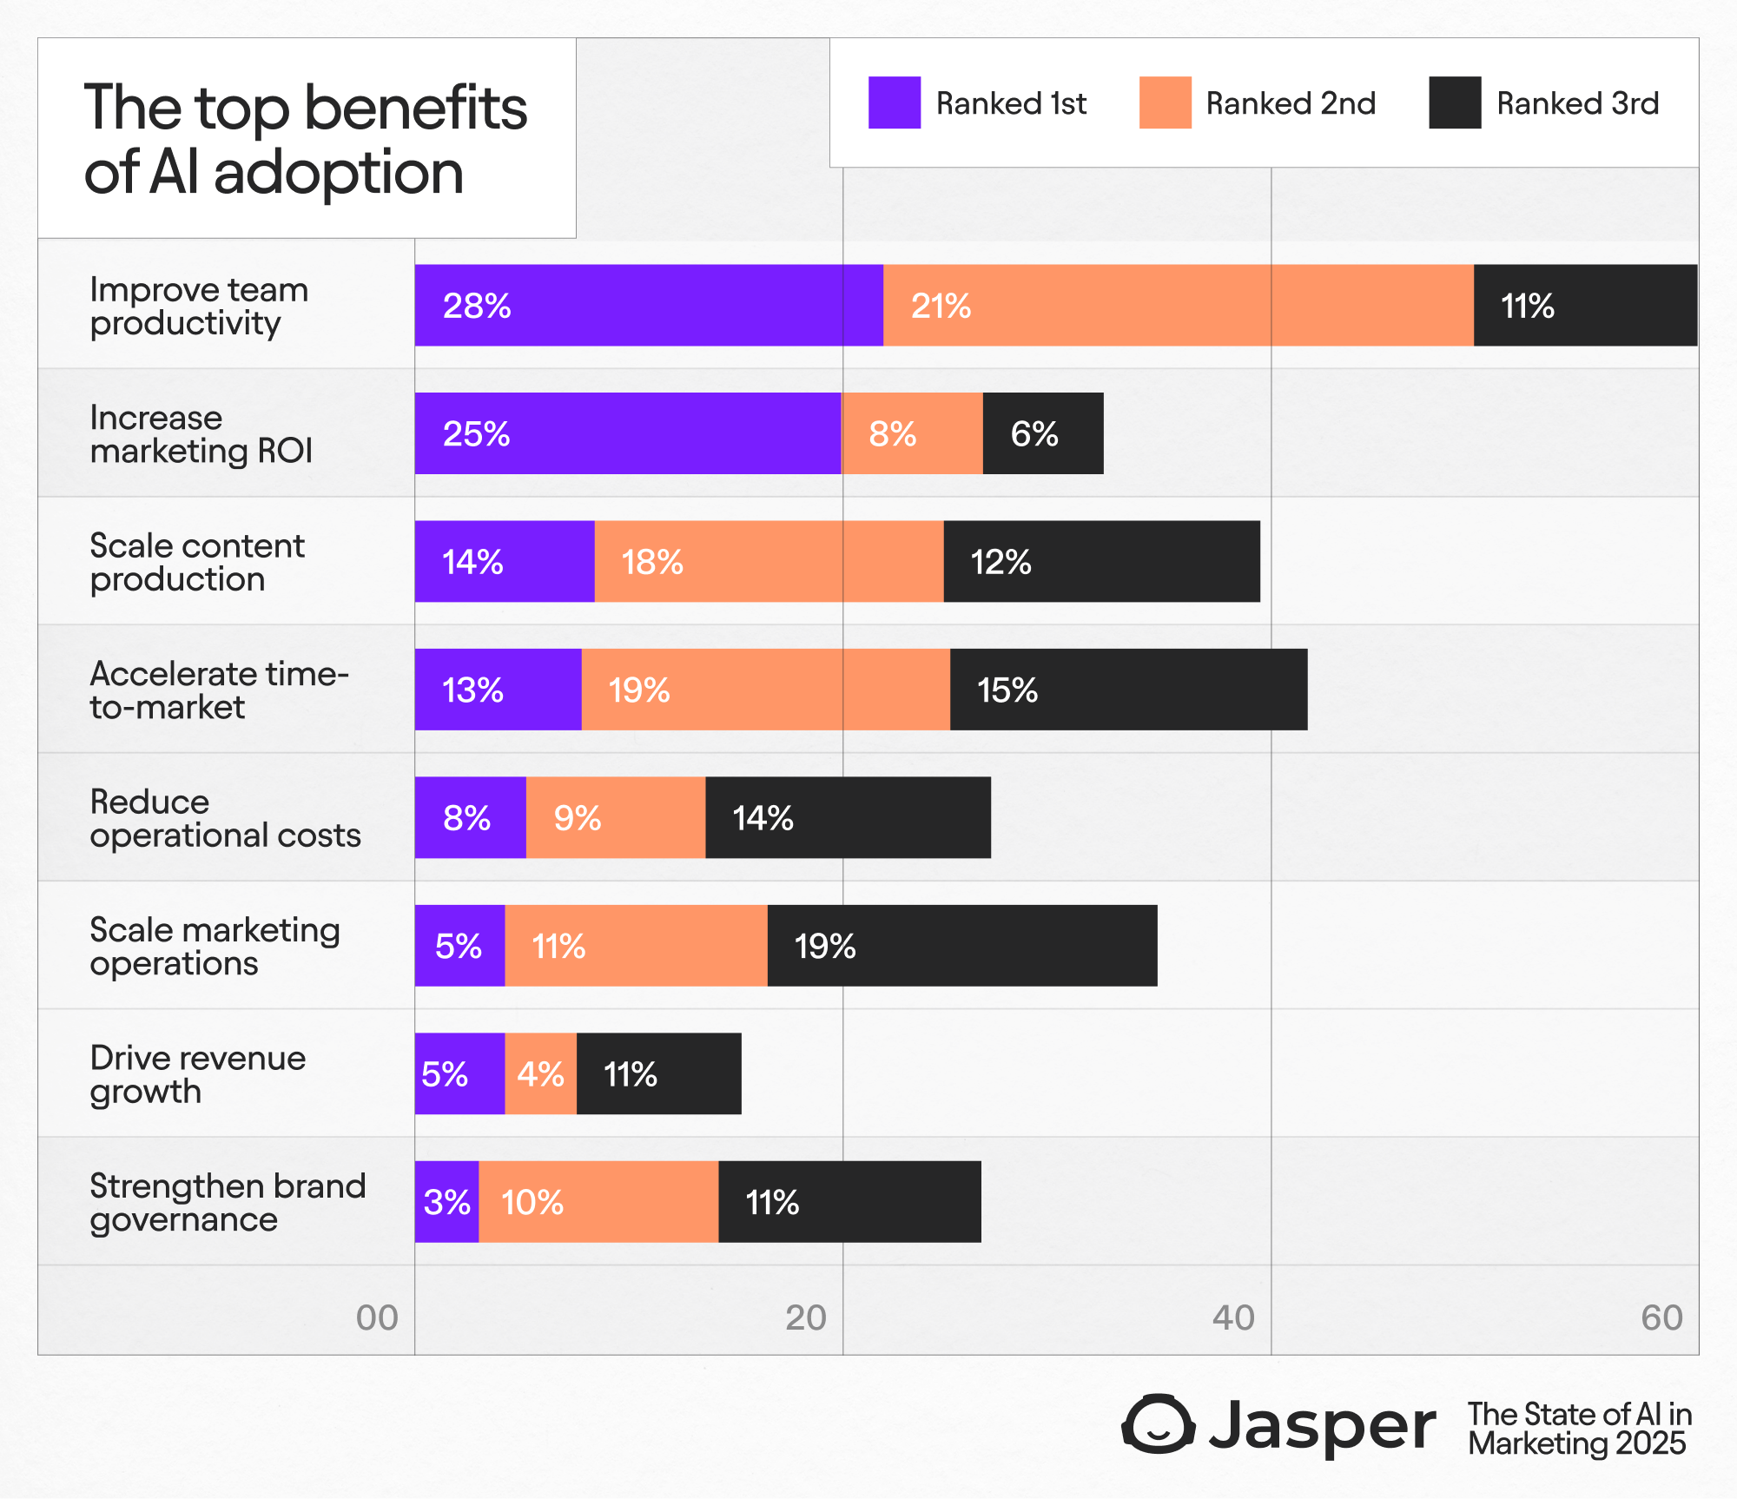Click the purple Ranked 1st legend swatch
click(894, 102)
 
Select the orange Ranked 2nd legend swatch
click(1165, 102)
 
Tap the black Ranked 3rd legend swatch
click(1455, 102)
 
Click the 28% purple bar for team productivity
click(649, 305)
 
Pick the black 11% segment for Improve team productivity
click(1585, 305)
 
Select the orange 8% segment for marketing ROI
click(912, 433)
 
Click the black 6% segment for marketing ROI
click(1043, 433)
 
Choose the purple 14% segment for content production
click(505, 561)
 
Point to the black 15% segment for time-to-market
click(1128, 690)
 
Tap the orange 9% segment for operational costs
click(616, 817)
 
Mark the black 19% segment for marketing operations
click(962, 946)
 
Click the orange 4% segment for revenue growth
click(540, 1073)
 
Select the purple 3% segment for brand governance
click(446, 1202)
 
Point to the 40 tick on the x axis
click(1233, 1317)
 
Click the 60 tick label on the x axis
click(1661, 1317)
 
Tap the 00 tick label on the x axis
click(377, 1317)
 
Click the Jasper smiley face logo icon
click(1159, 1424)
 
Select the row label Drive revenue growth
click(198, 1074)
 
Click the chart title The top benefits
click(306, 108)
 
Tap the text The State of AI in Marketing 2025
click(1580, 1429)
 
